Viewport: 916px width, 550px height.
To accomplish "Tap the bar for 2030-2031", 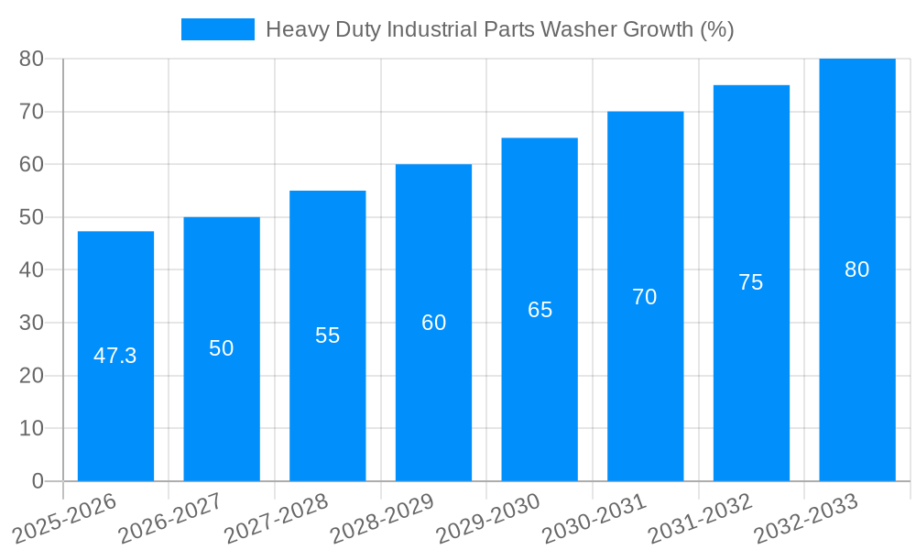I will tap(645, 385).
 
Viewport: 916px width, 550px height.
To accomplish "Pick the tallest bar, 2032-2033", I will tap(856, 367).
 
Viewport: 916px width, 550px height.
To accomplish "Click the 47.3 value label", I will tap(115, 356).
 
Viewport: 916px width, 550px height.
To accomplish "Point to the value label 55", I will tap(327, 335).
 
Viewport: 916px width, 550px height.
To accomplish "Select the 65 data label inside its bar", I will tap(540, 310).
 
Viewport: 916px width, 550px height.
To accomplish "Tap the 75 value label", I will tap(750, 282).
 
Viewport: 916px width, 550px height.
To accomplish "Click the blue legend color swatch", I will tap(218, 29).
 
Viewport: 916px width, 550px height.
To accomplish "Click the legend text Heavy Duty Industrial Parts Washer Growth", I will tap(499, 29).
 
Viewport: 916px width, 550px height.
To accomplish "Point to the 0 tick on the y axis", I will tap(38, 481).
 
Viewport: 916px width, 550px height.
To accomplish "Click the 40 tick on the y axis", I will tap(31, 270).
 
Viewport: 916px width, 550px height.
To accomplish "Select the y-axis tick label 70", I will tap(31, 112).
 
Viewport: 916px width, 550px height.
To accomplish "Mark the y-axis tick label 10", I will tap(31, 428).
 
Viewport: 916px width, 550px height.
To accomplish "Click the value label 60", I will tap(433, 323).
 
